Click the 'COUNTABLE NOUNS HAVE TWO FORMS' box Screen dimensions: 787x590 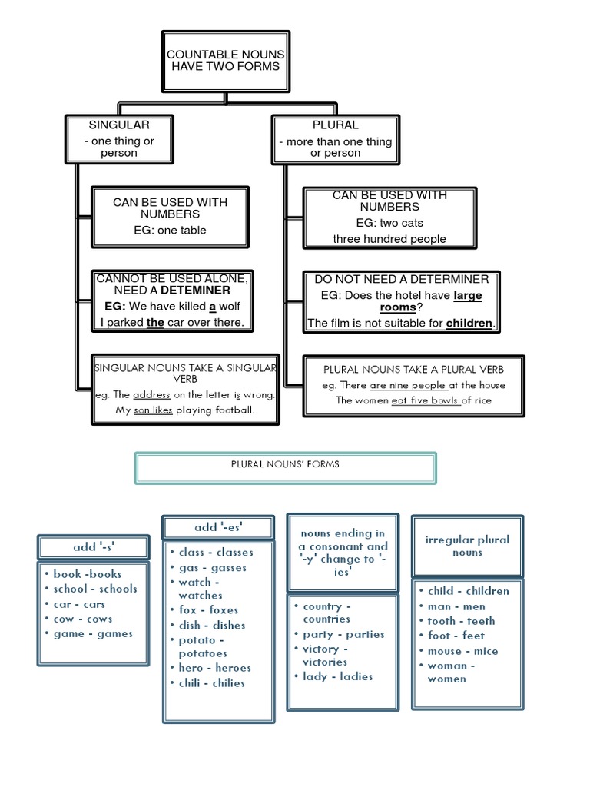click(x=225, y=61)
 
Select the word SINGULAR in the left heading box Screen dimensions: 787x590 click(x=119, y=125)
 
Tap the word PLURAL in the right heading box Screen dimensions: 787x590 click(x=335, y=125)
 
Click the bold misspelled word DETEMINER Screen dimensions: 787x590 click(x=195, y=291)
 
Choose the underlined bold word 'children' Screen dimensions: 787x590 click(x=469, y=324)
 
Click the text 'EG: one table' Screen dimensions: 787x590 click(x=170, y=230)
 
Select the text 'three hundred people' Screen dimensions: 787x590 click(x=389, y=239)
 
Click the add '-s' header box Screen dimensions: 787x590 click(x=93, y=547)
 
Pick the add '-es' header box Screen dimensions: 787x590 click(x=217, y=527)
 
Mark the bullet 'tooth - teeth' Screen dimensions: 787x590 click(x=461, y=621)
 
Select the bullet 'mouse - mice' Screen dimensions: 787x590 click(x=462, y=651)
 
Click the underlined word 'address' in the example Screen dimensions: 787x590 click(x=151, y=395)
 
